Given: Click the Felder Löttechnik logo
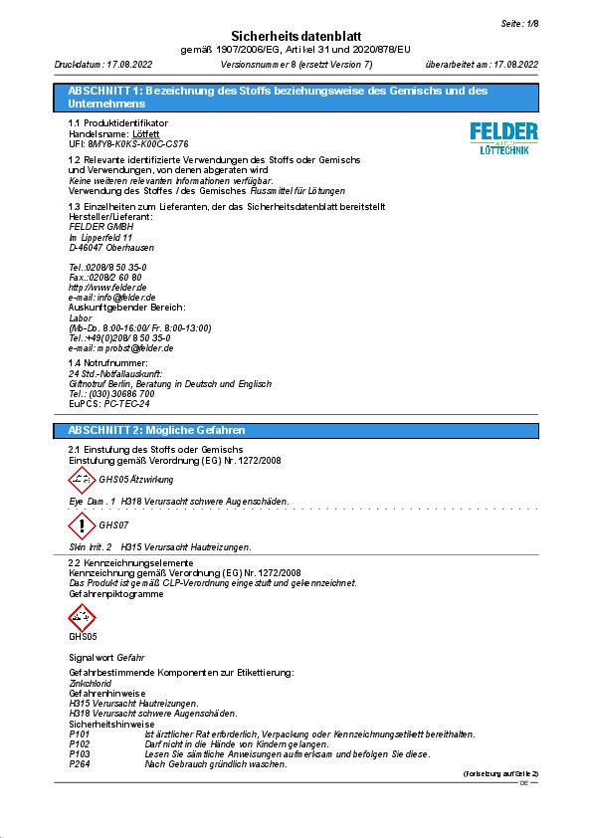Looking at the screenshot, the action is point(503,137).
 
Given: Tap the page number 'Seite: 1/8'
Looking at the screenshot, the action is point(517,22).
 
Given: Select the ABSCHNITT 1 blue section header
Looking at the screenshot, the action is point(296,97).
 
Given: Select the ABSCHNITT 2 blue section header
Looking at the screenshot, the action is point(296,430).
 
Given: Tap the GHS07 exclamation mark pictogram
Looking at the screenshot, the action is point(82,525).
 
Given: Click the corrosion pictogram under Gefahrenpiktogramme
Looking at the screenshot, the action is point(82,617).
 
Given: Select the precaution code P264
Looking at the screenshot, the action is point(80,763).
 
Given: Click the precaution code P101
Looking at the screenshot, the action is point(80,733).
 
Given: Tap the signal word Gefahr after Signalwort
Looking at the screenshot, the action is point(130,658).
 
